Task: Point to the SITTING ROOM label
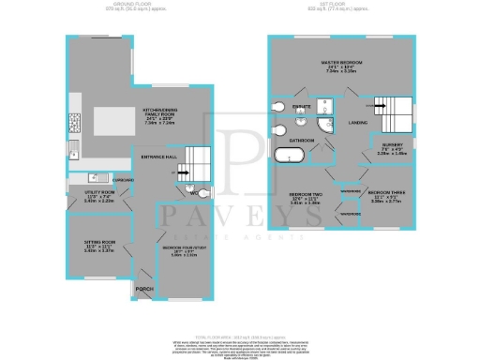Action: coord(85,247)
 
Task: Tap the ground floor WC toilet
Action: coord(192,191)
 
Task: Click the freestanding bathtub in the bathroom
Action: coord(289,157)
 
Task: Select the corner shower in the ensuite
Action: coord(323,127)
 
